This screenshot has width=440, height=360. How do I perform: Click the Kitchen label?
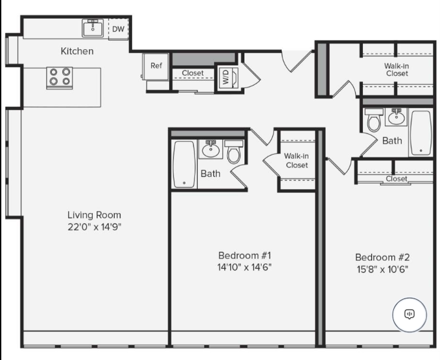(x=77, y=51)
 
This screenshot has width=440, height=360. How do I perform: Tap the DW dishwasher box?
(x=118, y=29)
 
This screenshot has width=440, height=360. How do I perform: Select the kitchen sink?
(x=93, y=28)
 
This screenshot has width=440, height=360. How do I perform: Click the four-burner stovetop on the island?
(x=60, y=78)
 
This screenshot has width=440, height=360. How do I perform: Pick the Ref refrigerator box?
(x=156, y=65)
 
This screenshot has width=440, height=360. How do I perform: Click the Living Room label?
(x=94, y=215)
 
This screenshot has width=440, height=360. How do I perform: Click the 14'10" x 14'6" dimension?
(x=244, y=267)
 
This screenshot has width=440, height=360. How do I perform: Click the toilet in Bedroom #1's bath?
(x=234, y=154)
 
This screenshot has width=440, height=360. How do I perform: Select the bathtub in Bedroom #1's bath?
(x=184, y=164)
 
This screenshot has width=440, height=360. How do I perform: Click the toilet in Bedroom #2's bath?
(x=374, y=121)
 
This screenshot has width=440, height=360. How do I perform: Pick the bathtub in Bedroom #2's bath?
(x=421, y=132)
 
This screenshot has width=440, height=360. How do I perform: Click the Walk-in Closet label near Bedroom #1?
(x=296, y=160)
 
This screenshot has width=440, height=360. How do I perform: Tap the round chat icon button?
(x=410, y=314)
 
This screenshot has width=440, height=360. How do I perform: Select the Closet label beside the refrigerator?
(x=192, y=73)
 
